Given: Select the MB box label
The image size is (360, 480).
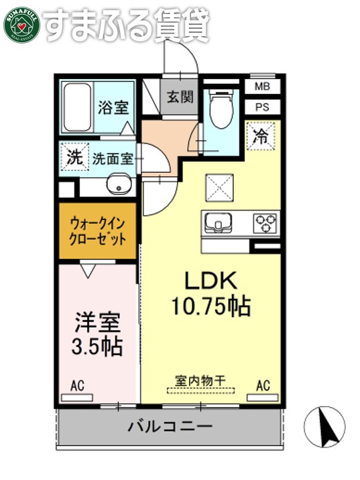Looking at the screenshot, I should pos(262,86).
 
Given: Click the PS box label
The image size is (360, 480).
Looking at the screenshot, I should pos(262,107).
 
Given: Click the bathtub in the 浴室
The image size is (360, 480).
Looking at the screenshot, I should pos(78,107).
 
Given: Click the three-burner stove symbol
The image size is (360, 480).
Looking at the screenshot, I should pos(265,223).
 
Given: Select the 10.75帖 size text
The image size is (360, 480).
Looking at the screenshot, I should pos(211,306).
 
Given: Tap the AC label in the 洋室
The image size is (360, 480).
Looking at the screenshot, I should pos(77,385).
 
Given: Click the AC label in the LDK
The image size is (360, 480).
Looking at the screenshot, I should pos(262,385).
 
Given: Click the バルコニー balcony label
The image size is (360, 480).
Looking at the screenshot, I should pos(170,426).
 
